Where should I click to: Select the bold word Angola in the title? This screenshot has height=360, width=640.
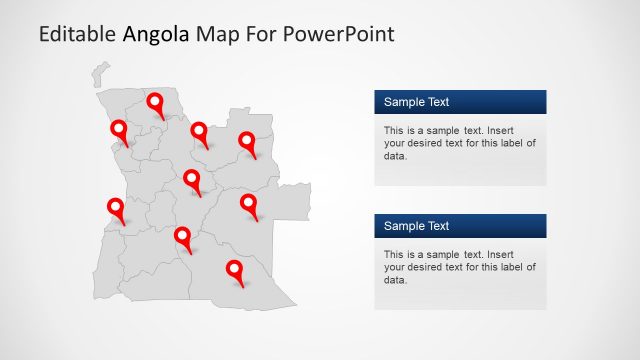[156, 35]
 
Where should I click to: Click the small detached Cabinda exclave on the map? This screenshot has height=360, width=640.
[100, 73]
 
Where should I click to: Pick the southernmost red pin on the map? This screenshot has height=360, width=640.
[234, 270]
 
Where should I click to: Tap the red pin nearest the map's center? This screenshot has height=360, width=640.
[192, 180]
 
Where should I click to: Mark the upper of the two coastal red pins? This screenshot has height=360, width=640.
[119, 130]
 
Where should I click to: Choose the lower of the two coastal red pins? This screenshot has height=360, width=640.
[115, 208]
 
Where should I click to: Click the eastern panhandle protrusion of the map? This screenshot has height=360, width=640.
[294, 200]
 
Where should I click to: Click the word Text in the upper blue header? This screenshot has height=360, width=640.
[436, 102]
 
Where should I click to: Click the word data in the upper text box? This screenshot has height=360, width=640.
[394, 156]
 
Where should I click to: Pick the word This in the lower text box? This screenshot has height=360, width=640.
[394, 254]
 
